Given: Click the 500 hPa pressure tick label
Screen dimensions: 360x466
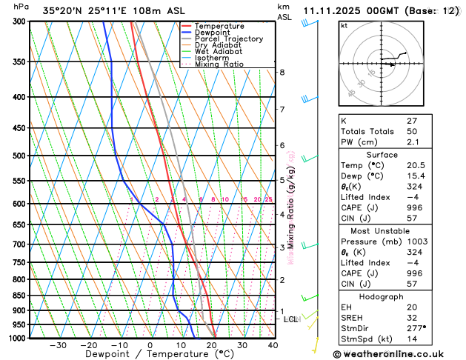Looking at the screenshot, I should pos(20,156).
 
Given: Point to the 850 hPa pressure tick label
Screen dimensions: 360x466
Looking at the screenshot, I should pos(20,296).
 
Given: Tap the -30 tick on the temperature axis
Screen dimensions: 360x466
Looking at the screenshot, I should pos(57,345).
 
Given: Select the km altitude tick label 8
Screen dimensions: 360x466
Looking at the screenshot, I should pos(282,72).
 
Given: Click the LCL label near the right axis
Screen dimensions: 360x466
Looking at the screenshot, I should pos(291,319).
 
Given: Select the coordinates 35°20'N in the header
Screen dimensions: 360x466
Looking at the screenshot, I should pos(64,10).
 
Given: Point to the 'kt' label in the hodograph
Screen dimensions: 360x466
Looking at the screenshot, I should pos(344,26).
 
